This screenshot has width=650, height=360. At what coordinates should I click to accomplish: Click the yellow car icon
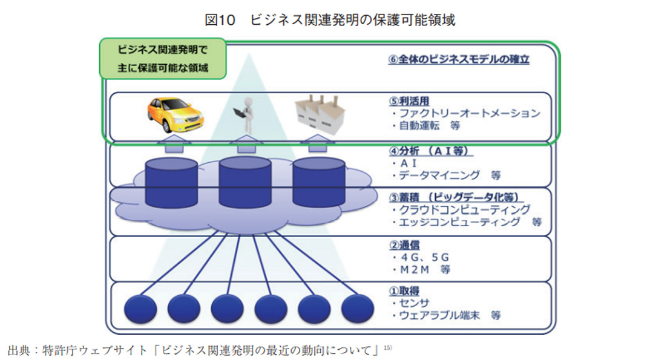(175, 115)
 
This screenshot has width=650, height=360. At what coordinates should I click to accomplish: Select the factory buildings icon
(318, 114)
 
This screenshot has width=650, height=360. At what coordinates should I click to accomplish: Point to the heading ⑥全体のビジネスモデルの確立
(459, 60)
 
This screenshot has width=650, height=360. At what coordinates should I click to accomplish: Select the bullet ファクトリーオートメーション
(465, 113)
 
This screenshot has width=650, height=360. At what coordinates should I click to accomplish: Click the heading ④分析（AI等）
(431, 151)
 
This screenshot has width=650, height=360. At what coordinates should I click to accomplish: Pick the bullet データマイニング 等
(445, 175)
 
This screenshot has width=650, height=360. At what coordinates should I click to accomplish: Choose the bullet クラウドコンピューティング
(460, 209)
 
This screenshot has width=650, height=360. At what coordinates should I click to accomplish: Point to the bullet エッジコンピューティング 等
(465, 222)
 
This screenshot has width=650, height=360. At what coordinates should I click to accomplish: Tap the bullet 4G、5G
(420, 257)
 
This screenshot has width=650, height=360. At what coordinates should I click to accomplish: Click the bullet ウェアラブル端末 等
(445, 315)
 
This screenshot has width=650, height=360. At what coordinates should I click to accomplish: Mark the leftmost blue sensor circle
(140, 309)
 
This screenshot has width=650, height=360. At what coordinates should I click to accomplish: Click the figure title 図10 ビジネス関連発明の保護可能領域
(330, 20)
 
